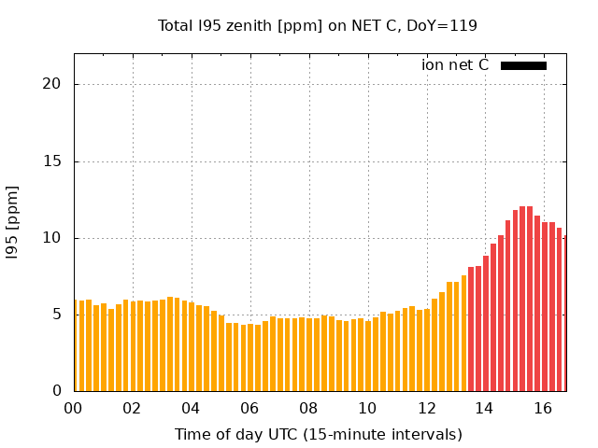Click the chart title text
318,26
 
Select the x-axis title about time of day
318,434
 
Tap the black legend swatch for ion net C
523,65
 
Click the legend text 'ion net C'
455,65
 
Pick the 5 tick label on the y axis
56,315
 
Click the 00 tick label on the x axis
73,408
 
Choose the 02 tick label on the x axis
132,408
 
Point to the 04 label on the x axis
191,408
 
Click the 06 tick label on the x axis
249,408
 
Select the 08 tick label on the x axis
308,408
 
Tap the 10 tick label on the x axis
367,408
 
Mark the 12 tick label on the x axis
426,408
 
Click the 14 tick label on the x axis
485,408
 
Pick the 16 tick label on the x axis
544,408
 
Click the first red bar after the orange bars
471,329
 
